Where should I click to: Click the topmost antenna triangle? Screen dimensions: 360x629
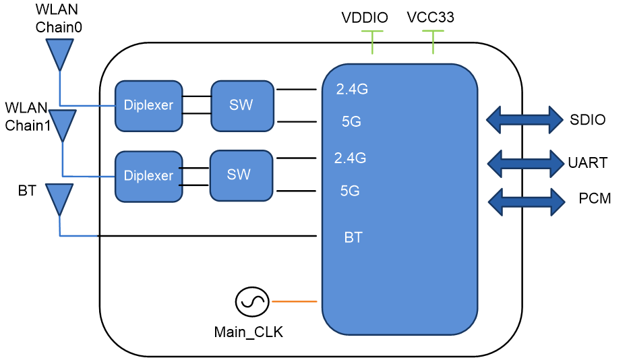59,52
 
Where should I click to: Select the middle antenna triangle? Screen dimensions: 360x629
63,123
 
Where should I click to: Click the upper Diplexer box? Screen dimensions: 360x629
148,106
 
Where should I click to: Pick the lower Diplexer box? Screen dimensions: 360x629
148,176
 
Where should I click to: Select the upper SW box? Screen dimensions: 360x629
242,106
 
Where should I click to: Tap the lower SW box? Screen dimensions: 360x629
241,175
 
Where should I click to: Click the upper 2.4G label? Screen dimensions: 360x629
352,89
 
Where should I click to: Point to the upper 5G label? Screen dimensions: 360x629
351,122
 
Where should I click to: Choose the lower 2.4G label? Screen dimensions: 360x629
350,158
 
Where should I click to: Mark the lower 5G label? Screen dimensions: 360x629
350,191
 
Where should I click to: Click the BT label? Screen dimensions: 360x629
353,238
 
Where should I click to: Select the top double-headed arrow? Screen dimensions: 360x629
525,120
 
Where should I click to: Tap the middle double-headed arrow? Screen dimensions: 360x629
525,164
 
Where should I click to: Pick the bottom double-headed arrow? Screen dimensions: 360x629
526,202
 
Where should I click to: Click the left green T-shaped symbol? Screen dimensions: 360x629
372,40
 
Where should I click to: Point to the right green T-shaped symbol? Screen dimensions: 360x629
433,40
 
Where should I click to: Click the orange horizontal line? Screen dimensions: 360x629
294,301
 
